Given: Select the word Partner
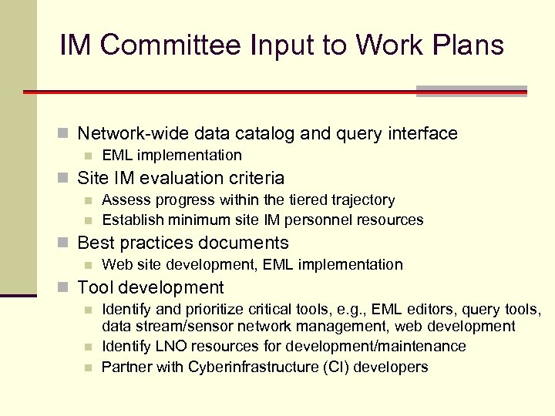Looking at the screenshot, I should coord(126,367).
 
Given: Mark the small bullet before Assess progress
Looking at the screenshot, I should coord(89,200).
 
